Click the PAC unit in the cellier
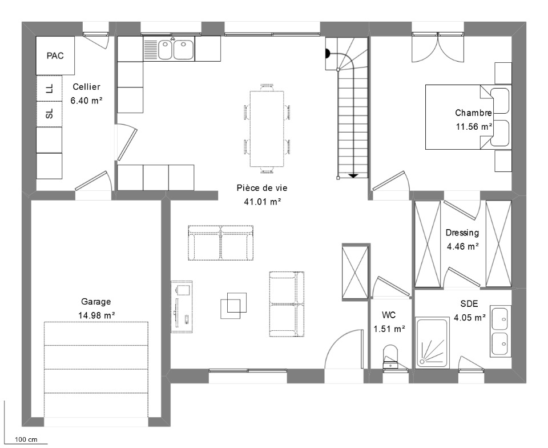55,55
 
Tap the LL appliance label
50,89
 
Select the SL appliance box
49,114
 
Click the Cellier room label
86,87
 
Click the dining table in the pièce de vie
267,129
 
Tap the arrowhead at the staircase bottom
353,175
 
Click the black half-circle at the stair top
328,54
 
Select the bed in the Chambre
468,117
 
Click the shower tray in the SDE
432,342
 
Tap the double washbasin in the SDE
501,331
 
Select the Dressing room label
462,233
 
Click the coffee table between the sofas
233,305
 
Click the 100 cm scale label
26,439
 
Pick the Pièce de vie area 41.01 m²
263,202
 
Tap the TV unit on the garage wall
182,306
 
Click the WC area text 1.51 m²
389,329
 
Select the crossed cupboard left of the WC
355,272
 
